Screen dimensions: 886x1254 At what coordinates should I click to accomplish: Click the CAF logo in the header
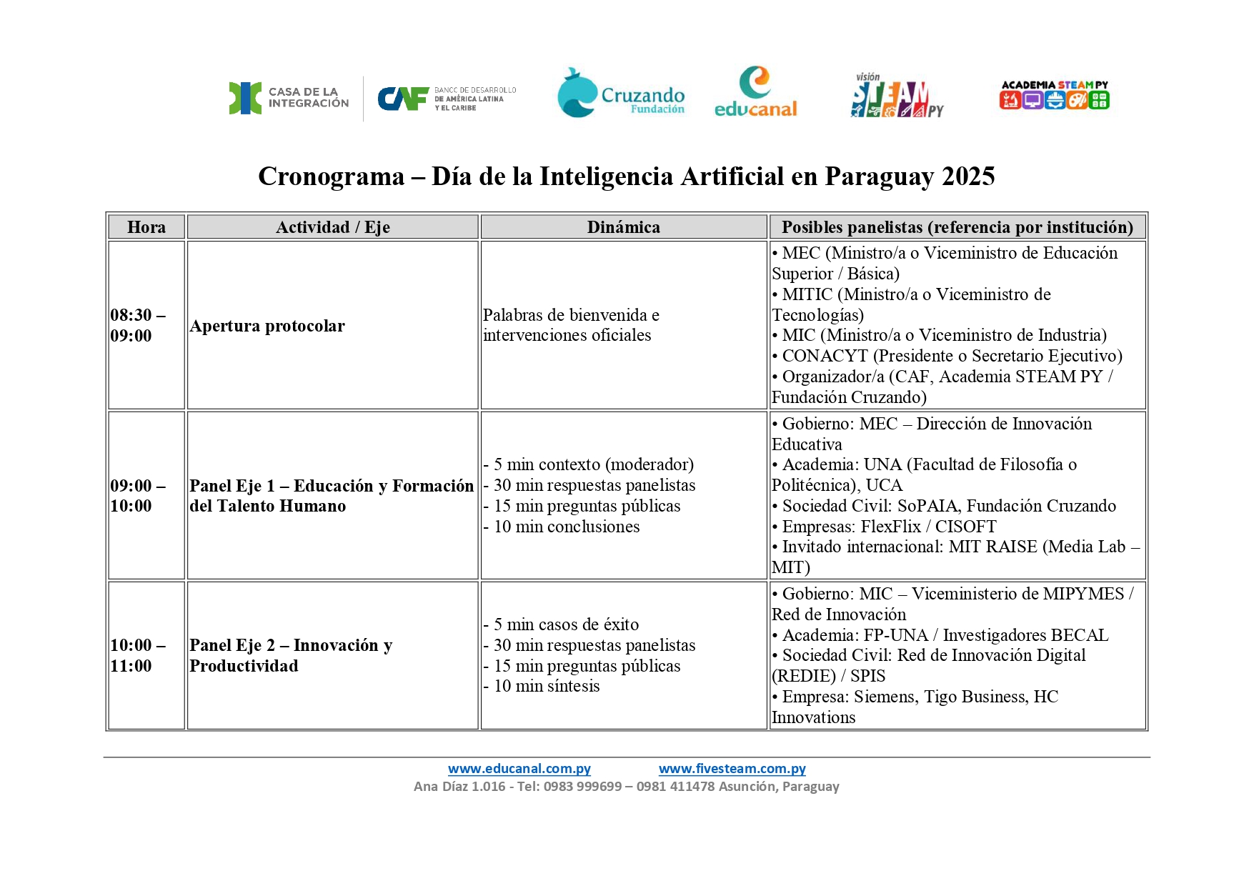[x=447, y=99]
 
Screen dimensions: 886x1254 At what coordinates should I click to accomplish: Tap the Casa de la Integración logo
[x=289, y=98]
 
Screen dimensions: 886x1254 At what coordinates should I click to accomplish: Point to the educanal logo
[x=755, y=92]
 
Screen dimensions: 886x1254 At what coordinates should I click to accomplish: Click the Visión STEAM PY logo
[x=897, y=95]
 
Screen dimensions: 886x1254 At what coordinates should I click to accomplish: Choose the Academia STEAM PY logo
[x=1054, y=95]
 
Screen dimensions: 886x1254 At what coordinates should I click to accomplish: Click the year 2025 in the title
[x=968, y=176]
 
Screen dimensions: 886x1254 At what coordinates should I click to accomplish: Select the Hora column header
[x=146, y=227]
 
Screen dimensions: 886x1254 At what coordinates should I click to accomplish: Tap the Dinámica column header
[x=623, y=227]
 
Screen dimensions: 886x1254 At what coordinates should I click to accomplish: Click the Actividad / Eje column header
[x=332, y=227]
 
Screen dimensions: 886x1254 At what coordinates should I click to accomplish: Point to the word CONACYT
[x=825, y=356]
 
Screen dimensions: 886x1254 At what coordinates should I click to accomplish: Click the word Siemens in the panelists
[x=884, y=697]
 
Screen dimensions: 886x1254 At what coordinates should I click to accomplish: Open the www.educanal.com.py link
[x=519, y=769]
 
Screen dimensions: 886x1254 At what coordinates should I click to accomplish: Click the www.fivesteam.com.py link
[x=732, y=769]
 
